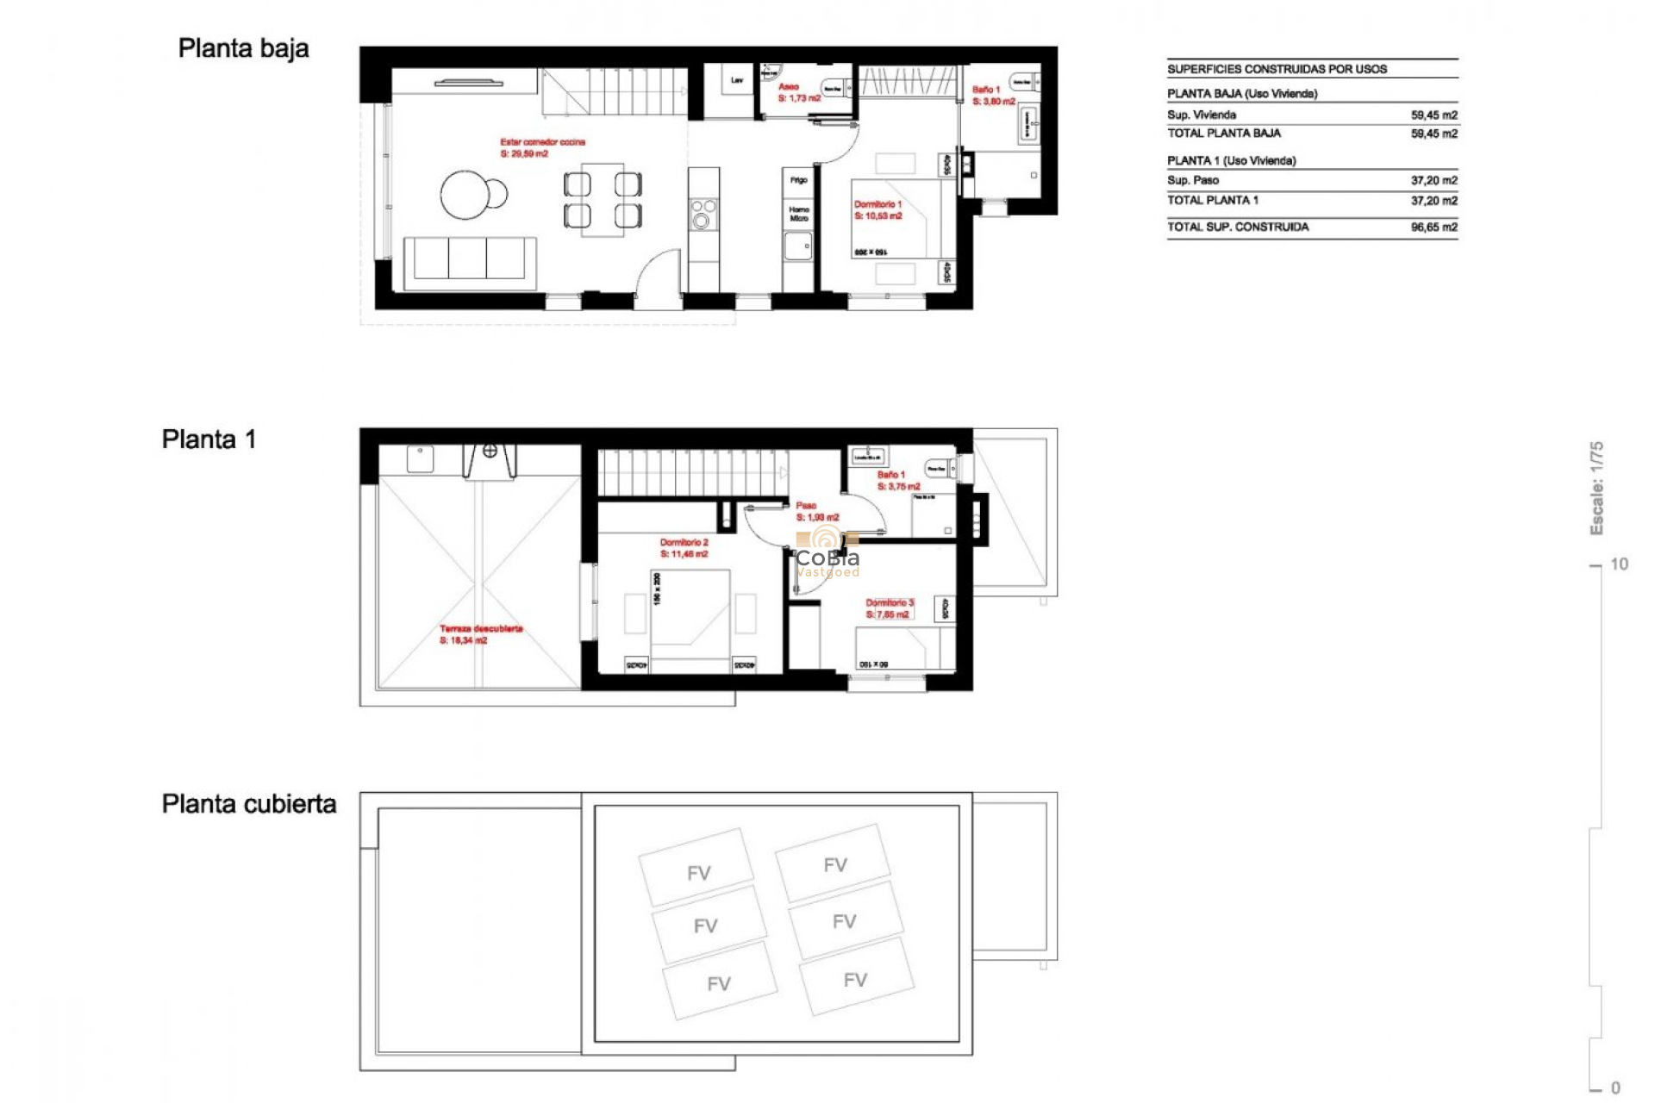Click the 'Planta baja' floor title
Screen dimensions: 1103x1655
pyautogui.click(x=243, y=49)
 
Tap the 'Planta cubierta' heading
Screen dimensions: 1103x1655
pyautogui.click(x=248, y=804)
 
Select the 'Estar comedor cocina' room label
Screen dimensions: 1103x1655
pyautogui.click(x=542, y=142)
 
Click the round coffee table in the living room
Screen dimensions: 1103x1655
pyautogui.click(x=465, y=195)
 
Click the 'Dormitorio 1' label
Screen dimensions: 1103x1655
pyautogui.click(x=877, y=205)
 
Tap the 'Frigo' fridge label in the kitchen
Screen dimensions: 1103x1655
pyautogui.click(x=798, y=180)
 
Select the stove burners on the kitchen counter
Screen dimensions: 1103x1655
pyautogui.click(x=703, y=214)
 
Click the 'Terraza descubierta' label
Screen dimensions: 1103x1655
pyautogui.click(x=480, y=629)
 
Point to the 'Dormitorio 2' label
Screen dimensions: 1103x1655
pyautogui.click(x=684, y=543)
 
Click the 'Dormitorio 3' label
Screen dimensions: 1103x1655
pyautogui.click(x=889, y=603)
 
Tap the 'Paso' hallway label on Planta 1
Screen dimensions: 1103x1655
pyautogui.click(x=806, y=506)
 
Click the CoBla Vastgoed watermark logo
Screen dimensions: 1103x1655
pyautogui.click(x=827, y=556)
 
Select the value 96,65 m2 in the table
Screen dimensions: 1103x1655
pyautogui.click(x=1433, y=227)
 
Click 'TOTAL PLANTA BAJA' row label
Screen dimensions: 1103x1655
pyautogui.click(x=1223, y=134)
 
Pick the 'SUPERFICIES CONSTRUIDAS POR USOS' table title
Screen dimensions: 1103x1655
pyautogui.click(x=1277, y=69)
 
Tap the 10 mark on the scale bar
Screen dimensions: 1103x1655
pyautogui.click(x=1619, y=564)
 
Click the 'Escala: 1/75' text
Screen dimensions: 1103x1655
pyautogui.click(x=1596, y=488)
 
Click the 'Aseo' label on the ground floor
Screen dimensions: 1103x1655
pyautogui.click(x=788, y=87)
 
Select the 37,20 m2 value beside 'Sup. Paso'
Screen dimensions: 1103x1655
pyautogui.click(x=1433, y=181)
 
